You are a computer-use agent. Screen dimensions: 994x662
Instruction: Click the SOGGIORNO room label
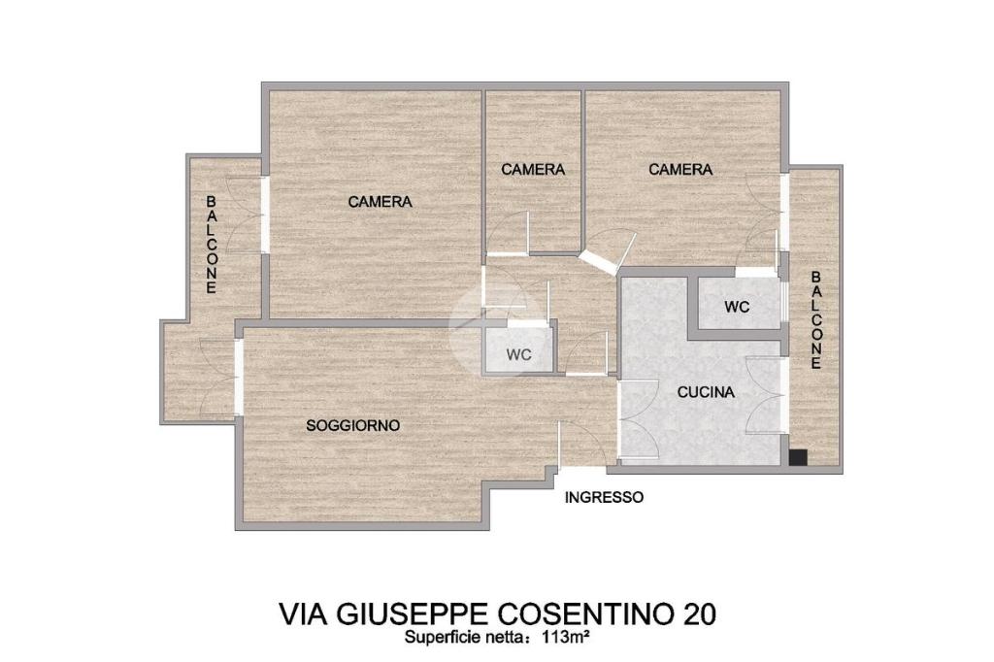[x=353, y=425]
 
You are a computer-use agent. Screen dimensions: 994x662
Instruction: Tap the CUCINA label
[x=706, y=392]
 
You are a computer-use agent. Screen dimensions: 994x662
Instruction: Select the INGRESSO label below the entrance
[x=604, y=498]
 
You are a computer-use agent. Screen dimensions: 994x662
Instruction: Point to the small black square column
[x=798, y=458]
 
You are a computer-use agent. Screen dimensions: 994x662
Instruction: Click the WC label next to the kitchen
[x=737, y=307]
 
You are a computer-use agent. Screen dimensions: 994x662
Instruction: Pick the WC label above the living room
[x=518, y=355]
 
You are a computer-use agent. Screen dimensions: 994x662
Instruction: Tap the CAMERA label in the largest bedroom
[x=380, y=202]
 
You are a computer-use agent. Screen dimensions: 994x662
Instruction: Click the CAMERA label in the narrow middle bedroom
[x=533, y=169]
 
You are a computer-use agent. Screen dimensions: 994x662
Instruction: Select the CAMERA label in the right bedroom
[x=680, y=169]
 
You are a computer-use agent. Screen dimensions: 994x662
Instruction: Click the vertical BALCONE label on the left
[x=211, y=245]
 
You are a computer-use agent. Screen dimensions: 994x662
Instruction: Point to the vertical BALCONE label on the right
[x=815, y=320]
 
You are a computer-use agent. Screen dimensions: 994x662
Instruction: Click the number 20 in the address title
[x=700, y=613]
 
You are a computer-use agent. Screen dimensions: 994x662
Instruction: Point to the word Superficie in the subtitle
[x=436, y=639]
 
